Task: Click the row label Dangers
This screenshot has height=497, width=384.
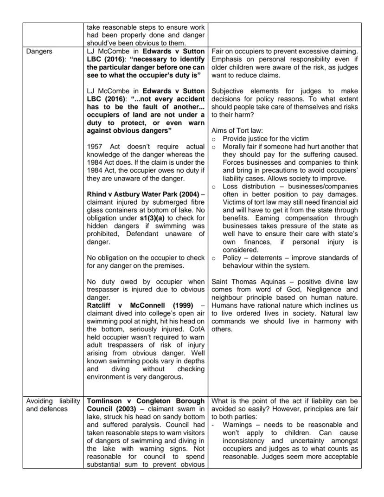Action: pos(39,52)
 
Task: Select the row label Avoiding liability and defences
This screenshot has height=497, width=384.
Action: pos(53,405)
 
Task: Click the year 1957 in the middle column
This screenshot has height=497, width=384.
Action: pos(96,147)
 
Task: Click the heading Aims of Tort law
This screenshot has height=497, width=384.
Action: pos(237,131)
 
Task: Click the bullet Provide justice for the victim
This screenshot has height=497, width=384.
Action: pos(265,139)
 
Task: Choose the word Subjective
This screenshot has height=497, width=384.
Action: pos(229,91)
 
